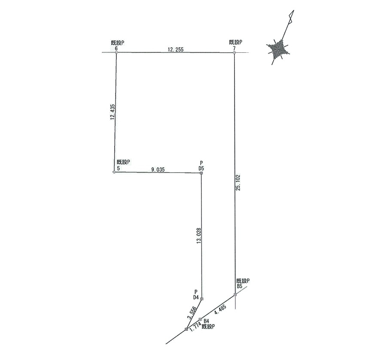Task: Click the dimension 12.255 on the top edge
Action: pos(176,49)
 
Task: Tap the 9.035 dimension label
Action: pos(158,169)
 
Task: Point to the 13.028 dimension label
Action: pos(199,236)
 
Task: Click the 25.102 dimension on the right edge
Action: pos(238,182)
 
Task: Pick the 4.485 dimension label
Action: pos(220,309)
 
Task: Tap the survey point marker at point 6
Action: pos(116,52)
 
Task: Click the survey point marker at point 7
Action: pos(235,52)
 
